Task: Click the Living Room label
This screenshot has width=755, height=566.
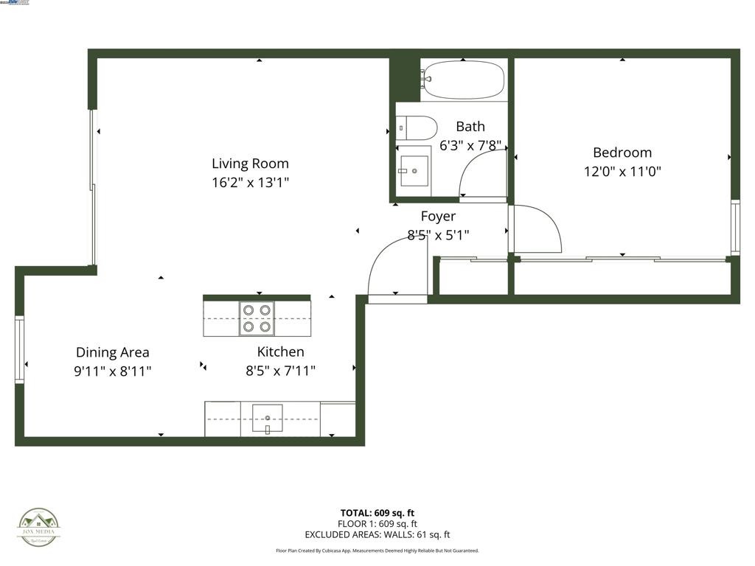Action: (250, 164)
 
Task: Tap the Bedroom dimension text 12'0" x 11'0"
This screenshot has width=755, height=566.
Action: (622, 172)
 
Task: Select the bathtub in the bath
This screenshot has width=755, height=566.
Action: (464, 80)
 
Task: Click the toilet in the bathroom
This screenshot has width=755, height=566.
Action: (417, 127)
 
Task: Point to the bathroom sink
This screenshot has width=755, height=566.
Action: (414, 170)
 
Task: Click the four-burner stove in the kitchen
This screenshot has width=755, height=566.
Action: (257, 318)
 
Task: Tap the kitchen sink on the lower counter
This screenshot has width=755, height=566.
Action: (267, 419)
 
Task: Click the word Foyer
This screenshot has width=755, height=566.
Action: (438, 216)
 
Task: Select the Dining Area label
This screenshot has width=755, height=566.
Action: (112, 352)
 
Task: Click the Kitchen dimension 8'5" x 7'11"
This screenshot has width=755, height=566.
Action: (280, 371)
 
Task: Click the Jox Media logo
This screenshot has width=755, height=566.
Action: (39, 528)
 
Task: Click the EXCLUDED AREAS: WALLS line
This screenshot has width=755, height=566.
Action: (377, 535)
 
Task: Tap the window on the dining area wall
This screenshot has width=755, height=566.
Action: (19, 349)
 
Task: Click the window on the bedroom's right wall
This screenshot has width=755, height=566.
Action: (735, 228)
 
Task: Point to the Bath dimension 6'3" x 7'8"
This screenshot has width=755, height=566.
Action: (470, 146)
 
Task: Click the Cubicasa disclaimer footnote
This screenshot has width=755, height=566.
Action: (377, 551)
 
